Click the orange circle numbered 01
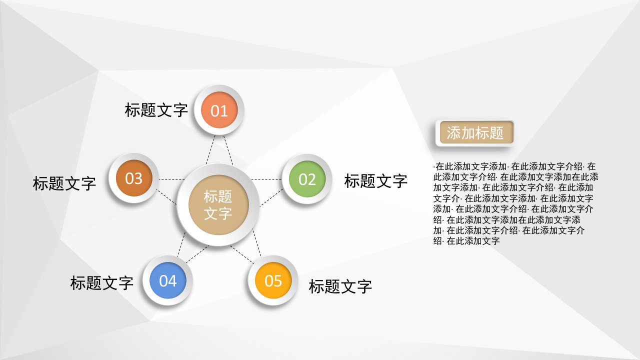219,110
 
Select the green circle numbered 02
307,179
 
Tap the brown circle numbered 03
133,178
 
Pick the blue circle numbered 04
168,280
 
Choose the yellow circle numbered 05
273,280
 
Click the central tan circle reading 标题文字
218,205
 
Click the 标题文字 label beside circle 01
156,110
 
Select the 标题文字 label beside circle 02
375,181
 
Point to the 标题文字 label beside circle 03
64,183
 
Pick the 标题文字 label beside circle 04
101,283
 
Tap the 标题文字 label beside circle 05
340,286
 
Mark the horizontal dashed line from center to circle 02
266,179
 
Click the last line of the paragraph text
466,241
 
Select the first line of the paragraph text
514,166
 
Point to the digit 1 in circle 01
224,111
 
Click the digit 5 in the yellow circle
277,281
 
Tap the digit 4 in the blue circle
172,281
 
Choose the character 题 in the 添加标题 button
496,133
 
